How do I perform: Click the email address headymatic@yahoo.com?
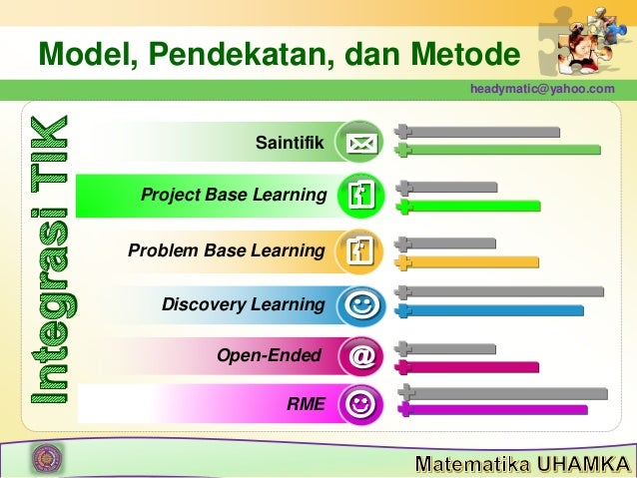543,90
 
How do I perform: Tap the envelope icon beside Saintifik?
359,145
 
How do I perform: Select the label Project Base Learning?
234,194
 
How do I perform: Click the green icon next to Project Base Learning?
359,196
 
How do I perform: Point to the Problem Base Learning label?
226,249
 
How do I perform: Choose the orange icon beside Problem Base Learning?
359,250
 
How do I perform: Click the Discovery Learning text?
243,303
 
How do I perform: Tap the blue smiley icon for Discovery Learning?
359,304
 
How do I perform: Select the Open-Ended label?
269,355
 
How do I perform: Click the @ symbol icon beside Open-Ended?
359,356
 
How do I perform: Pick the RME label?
306,404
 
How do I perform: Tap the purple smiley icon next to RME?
359,405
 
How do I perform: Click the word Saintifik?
290,145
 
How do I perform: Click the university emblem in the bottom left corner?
45,458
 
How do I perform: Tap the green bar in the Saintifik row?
499,150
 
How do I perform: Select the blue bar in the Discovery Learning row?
494,310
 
